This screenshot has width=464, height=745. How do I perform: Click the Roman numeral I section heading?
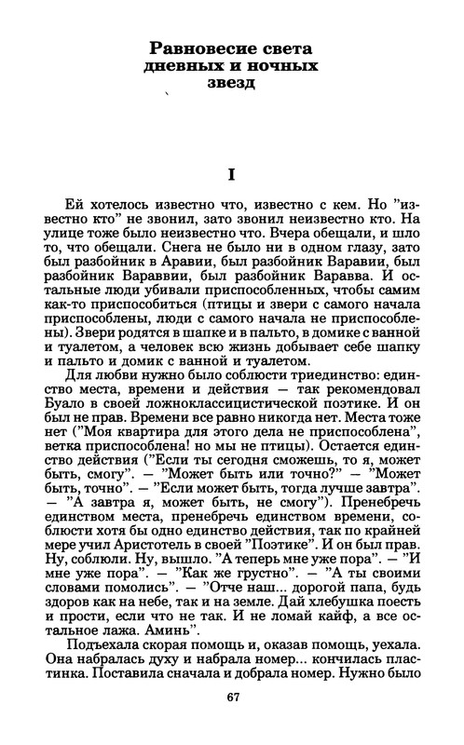tap(230, 174)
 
